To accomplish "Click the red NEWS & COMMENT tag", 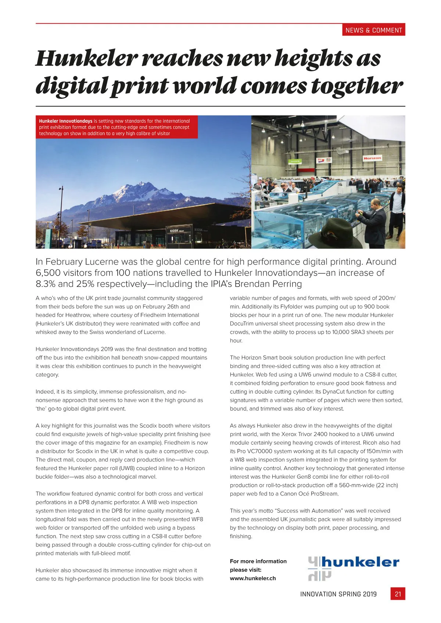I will pyautogui.click(x=374, y=30).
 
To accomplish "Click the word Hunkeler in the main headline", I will pyautogui.click(x=87, y=58).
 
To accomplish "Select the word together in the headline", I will pyautogui.click(x=357, y=86).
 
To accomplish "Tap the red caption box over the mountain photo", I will pyautogui.click(x=116, y=127).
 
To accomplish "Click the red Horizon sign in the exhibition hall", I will pyautogui.click(x=372, y=158).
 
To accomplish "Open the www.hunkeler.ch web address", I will pyautogui.click(x=253, y=578).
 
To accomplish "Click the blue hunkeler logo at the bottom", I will pyautogui.click(x=353, y=568).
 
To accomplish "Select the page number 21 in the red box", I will pyautogui.click(x=398, y=594).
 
